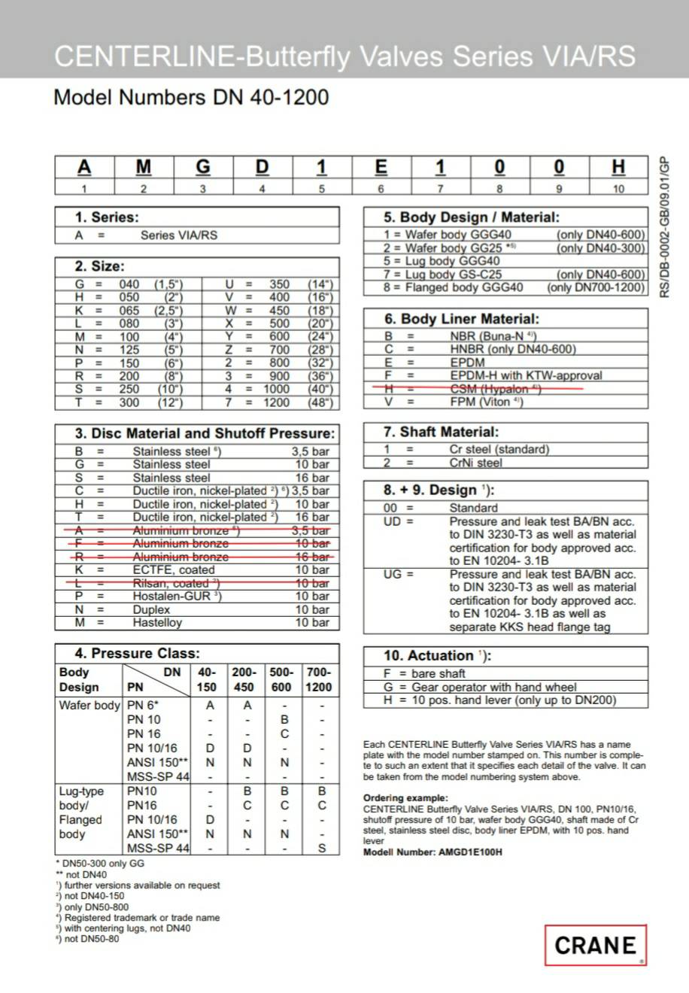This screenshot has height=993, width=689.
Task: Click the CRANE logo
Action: tap(595, 945)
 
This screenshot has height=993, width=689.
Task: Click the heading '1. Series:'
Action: tap(106, 217)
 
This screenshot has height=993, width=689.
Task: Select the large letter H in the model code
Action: tap(618, 166)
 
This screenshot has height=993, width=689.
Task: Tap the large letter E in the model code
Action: tap(381, 166)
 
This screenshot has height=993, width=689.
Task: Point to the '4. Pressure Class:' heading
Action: tap(137, 653)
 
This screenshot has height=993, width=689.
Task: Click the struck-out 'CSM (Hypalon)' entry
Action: tap(495, 388)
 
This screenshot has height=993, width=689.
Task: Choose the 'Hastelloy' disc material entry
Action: tap(156, 622)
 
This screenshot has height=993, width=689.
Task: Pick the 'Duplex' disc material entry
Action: tap(150, 609)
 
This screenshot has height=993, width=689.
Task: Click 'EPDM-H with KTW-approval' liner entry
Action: tap(526, 375)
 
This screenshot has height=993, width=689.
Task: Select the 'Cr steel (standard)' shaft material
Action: tap(499, 449)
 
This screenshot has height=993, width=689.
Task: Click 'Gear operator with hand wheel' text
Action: tap(493, 687)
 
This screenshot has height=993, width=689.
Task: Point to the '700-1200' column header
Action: tap(318, 679)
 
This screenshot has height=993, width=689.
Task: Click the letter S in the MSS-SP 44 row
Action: tap(321, 848)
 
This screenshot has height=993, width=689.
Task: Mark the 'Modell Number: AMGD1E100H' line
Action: tap(433, 852)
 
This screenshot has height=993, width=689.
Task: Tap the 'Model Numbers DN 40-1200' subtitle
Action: tap(191, 97)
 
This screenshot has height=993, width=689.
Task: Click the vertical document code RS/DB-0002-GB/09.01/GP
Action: tap(663, 226)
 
